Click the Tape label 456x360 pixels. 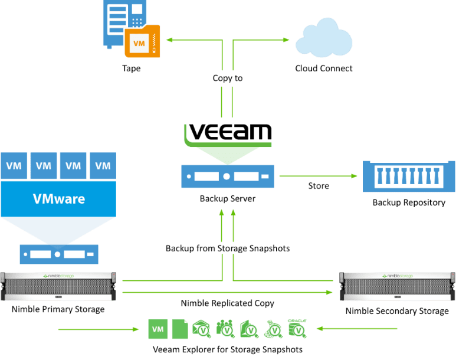[x=131, y=68]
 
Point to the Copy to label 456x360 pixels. [x=228, y=78]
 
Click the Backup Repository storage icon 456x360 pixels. [x=409, y=176]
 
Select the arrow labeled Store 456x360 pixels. [x=319, y=176]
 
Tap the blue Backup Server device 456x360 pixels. [x=228, y=176]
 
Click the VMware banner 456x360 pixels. [x=58, y=199]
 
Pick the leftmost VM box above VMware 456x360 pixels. [x=14, y=166]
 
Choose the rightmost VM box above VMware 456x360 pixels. [x=103, y=166]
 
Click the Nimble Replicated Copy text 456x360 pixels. [x=228, y=303]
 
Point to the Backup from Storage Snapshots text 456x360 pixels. [x=228, y=248]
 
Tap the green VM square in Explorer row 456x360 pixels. [x=158, y=329]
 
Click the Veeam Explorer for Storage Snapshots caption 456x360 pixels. [x=228, y=349]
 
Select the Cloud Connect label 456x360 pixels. [x=324, y=68]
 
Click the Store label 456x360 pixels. [x=319, y=186]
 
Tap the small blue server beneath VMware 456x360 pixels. [x=58, y=254]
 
